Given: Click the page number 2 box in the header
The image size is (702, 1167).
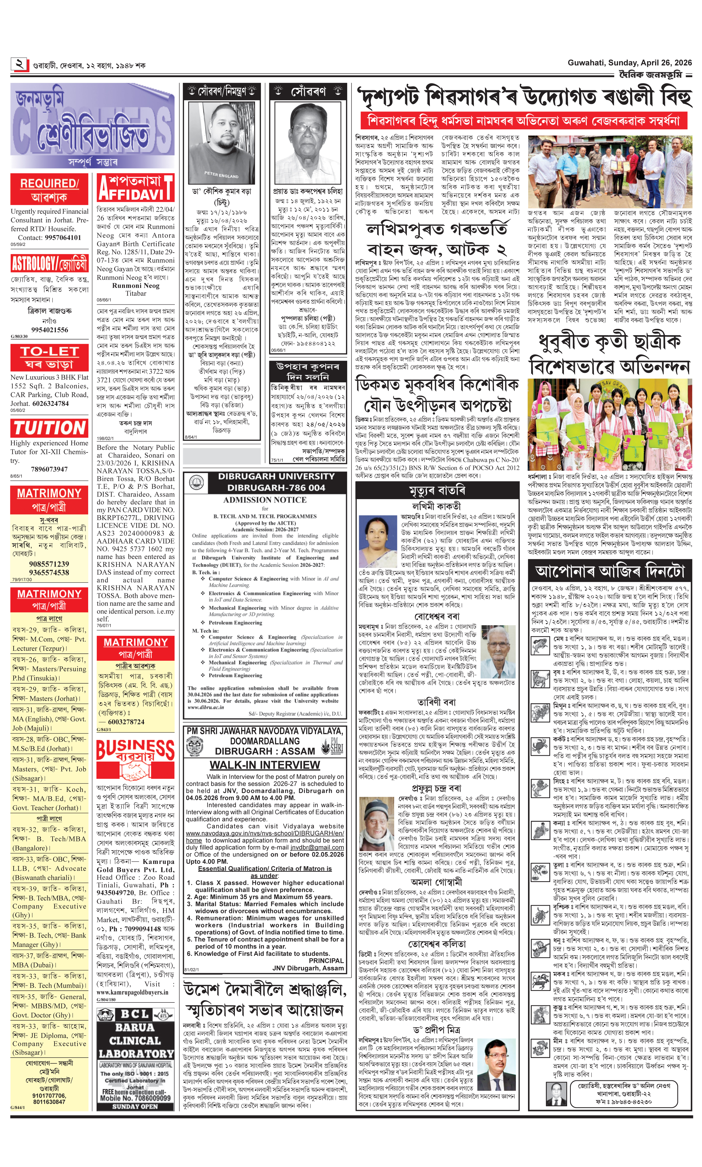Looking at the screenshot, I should [19, 64].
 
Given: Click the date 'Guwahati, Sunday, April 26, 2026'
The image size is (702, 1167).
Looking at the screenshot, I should [629, 63].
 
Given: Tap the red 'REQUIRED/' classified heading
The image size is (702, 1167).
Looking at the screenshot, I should [49, 183].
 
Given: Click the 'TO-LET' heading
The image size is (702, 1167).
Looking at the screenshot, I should [49, 351].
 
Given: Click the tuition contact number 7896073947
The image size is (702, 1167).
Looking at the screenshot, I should [49, 469].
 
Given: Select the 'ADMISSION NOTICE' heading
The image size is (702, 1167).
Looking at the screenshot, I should [265, 500].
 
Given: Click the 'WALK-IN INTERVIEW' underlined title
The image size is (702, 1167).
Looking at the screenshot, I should [265, 765].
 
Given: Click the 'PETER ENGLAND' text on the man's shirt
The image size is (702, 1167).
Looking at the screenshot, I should [221, 175].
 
